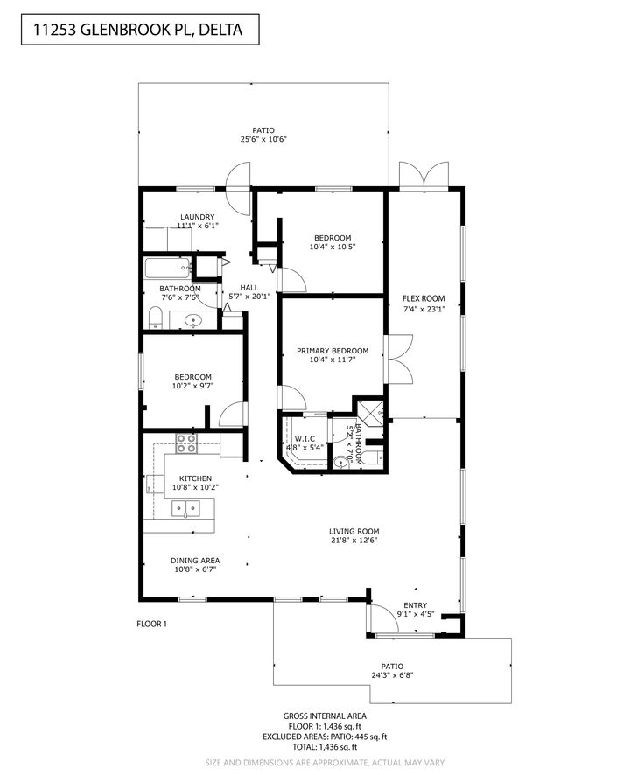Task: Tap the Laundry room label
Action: point(197,217)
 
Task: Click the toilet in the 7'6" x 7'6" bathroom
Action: point(155,318)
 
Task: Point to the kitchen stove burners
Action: point(186,443)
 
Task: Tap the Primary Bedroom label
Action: point(332,351)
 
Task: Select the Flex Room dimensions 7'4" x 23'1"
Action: point(423,308)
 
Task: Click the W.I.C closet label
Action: point(304,438)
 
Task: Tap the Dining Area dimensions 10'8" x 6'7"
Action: point(195,569)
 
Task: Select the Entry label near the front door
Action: point(416,605)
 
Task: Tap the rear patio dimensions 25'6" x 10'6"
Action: point(263,139)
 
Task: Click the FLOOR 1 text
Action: point(151,624)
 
